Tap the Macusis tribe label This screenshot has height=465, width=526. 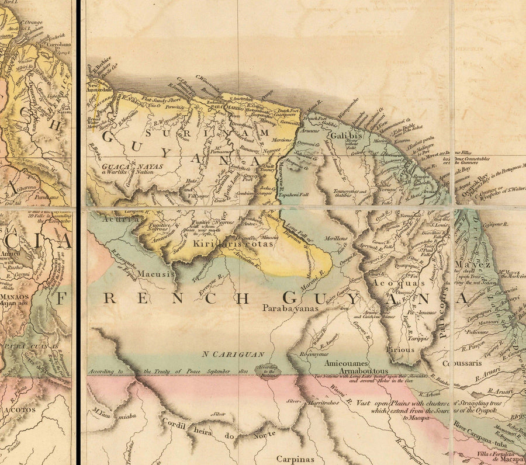pos(157,273)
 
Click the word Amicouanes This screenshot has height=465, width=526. pos(348,362)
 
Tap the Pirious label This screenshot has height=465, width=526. pos(400,350)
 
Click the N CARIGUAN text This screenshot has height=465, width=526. pos(234,354)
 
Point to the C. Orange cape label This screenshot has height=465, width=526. pos(31,23)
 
